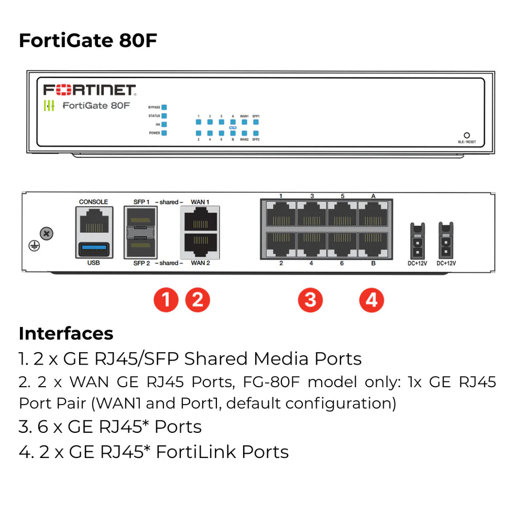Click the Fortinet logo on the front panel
pyautogui.click(x=89, y=89)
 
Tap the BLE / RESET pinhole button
pyautogui.click(x=466, y=135)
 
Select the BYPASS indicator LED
pyautogui.click(x=164, y=107)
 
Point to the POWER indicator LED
pyautogui.click(x=164, y=133)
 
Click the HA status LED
pyautogui.click(x=164, y=124)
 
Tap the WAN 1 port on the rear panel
pyautogui.click(x=200, y=220)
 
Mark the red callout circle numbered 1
pyautogui.click(x=166, y=300)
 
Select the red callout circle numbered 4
pyautogui.click(x=372, y=300)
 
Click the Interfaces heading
pyautogui.click(x=66, y=333)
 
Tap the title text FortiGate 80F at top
pyautogui.click(x=88, y=40)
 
